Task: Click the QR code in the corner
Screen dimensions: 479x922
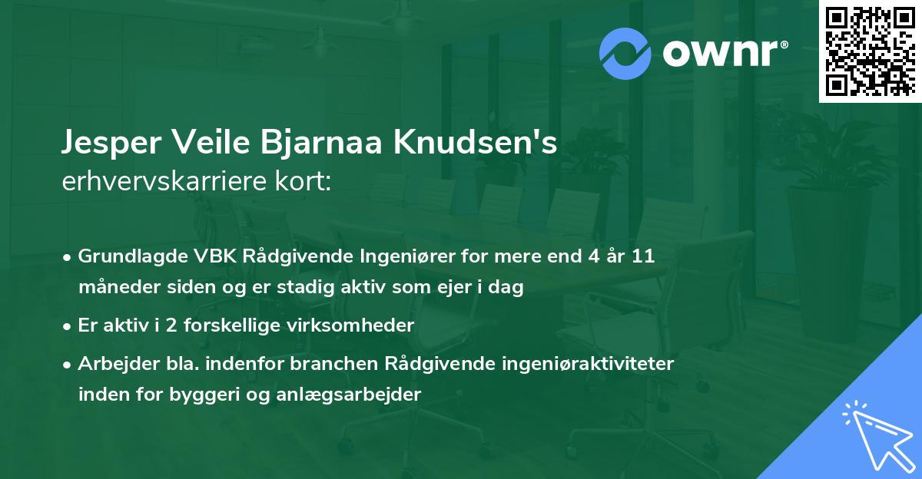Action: (870, 51)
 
